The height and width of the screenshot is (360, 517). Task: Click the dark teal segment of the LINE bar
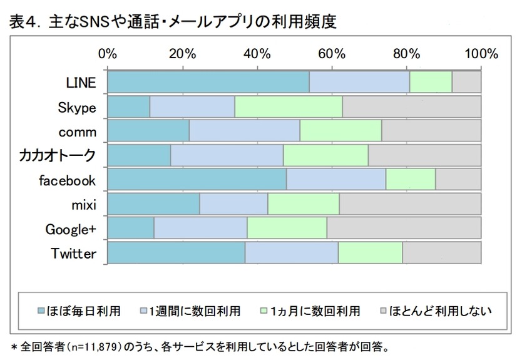click(208, 82)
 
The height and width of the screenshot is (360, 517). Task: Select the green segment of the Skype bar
click(288, 106)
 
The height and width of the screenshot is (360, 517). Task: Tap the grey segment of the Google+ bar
click(404, 229)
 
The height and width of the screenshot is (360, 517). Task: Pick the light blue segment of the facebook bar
click(335, 180)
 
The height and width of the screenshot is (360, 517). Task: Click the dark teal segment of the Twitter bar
click(176, 253)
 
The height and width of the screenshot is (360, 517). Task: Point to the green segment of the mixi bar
click(303, 204)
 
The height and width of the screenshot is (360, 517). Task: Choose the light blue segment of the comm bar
click(244, 131)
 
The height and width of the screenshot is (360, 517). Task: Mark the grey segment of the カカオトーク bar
click(424, 155)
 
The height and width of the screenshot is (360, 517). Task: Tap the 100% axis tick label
click(480, 53)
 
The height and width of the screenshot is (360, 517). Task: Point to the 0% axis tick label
click(108, 53)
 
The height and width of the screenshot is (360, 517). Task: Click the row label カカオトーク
click(58, 155)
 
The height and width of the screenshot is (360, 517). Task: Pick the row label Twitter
click(73, 254)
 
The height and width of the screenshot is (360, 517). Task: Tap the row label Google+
click(70, 229)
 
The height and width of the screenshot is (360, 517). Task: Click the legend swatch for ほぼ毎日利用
click(41, 311)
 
